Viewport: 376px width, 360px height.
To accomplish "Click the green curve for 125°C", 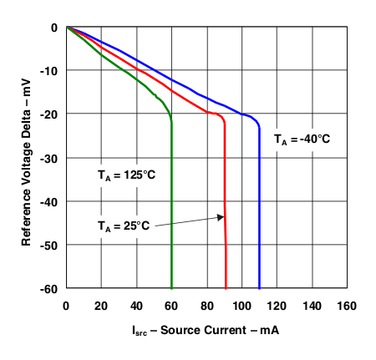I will [x=171, y=209].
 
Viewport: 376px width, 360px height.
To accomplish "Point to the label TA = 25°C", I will [x=123, y=226].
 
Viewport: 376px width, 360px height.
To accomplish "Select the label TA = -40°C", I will [x=302, y=139].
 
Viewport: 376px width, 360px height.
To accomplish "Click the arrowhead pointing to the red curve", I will [x=221, y=217].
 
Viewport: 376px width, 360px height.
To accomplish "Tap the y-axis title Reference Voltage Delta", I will [x=28, y=156].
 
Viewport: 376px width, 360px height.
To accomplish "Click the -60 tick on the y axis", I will [x=51, y=288].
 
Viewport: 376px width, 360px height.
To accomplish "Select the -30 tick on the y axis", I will [x=51, y=158].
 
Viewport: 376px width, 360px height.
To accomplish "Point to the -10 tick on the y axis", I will [x=51, y=70].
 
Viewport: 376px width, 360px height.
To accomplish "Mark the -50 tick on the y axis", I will [x=51, y=245].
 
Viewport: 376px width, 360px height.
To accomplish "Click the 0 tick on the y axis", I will [x=56, y=27].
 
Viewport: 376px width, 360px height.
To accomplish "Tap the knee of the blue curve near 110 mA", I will [x=258, y=123].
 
